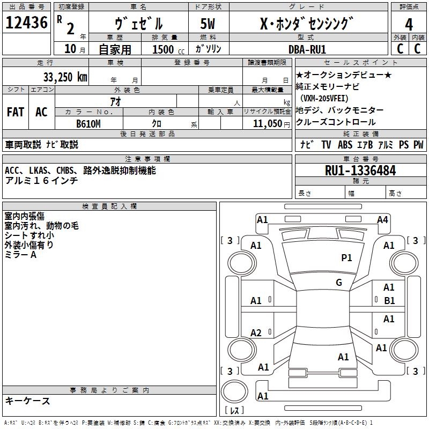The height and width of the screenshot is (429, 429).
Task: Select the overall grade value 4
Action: tap(409, 25)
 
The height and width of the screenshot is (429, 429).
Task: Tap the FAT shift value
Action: tap(15, 112)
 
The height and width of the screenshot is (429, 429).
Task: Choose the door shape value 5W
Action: tap(209, 25)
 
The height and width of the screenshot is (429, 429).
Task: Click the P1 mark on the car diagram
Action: tap(346, 258)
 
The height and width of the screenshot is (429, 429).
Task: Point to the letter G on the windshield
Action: tap(338, 283)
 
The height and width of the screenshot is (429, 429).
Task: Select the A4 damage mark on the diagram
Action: tap(382, 219)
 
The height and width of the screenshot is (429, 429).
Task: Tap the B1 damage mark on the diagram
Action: tap(389, 301)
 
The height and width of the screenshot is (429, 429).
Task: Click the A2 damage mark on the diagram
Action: tap(256, 333)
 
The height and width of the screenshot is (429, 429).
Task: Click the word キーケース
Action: tap(27, 401)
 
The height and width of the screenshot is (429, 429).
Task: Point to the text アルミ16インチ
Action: tap(41, 181)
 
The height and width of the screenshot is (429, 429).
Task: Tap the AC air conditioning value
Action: tap(41, 112)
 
